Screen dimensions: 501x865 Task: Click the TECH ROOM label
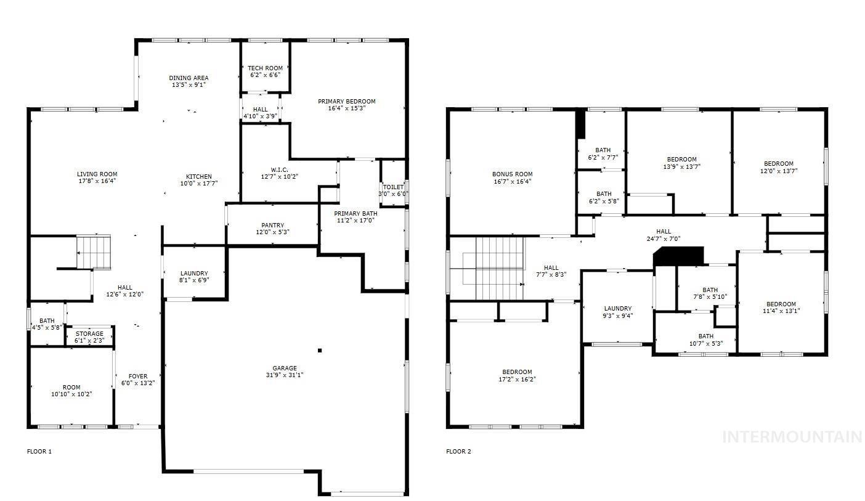coord(265,68)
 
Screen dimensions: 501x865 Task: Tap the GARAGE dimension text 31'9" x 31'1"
coord(285,375)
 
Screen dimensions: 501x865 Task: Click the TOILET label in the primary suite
coord(393,187)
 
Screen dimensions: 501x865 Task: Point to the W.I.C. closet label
coord(279,169)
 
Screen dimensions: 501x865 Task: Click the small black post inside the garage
coord(320,351)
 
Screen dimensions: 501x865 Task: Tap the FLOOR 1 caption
coord(39,452)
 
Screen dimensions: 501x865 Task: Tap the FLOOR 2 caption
coord(458,452)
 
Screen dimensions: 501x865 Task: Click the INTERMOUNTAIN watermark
coord(792,437)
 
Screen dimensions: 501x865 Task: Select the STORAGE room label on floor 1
coord(89,334)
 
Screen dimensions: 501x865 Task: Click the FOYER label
coord(137,377)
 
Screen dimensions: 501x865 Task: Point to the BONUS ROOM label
coord(512,174)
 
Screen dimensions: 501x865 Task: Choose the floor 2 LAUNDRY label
coord(617,309)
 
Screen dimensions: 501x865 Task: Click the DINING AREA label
coord(189,78)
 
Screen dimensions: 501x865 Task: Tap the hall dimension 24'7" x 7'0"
coord(664,239)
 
